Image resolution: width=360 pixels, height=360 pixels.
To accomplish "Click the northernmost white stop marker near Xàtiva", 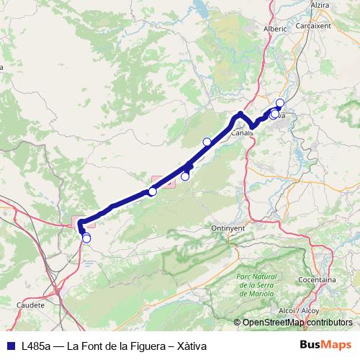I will pyautogui.click(x=280, y=102).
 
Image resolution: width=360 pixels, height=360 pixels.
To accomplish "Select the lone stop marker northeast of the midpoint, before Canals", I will pyautogui.click(x=207, y=141).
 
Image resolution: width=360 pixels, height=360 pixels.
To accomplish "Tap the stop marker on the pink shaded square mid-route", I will pyautogui.click(x=152, y=192).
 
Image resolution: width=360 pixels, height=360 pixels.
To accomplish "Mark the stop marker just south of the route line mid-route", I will pyautogui.click(x=185, y=176).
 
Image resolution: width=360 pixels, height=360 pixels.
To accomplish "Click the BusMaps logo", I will pyautogui.click(x=327, y=344).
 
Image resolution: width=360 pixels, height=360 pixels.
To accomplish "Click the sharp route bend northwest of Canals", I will pyautogui.click(x=240, y=114).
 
